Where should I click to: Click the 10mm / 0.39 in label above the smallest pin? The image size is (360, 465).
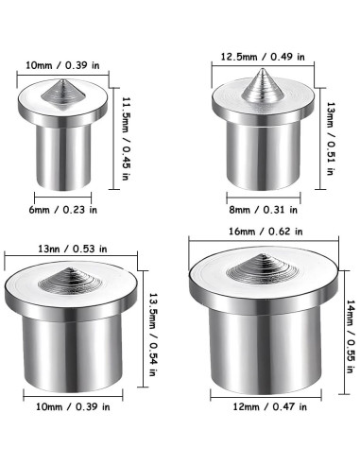[x=62, y=65]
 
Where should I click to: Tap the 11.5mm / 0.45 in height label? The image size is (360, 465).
[x=126, y=138]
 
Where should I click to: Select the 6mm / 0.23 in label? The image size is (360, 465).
[x=63, y=210]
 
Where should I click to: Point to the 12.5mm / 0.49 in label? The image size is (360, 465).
[x=263, y=57]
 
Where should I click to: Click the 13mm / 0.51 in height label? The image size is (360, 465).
[x=331, y=138]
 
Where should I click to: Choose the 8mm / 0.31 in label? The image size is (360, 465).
[x=264, y=210]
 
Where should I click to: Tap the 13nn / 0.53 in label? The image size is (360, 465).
[x=73, y=249]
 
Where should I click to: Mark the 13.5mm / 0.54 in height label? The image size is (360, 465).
[x=153, y=335]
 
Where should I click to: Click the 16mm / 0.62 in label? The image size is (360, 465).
[x=266, y=232]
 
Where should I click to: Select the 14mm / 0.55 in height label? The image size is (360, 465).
[x=351, y=336]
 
